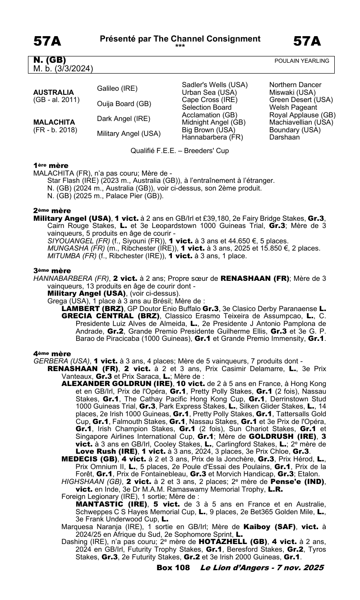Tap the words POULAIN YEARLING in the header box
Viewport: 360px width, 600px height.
click(x=302, y=61)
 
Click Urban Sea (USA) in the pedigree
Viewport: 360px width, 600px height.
click(x=208, y=93)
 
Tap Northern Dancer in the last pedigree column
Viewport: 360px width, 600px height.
click(x=295, y=85)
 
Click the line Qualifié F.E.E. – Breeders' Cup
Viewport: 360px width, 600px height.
click(x=180, y=151)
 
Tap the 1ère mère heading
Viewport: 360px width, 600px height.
click(x=51, y=166)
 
